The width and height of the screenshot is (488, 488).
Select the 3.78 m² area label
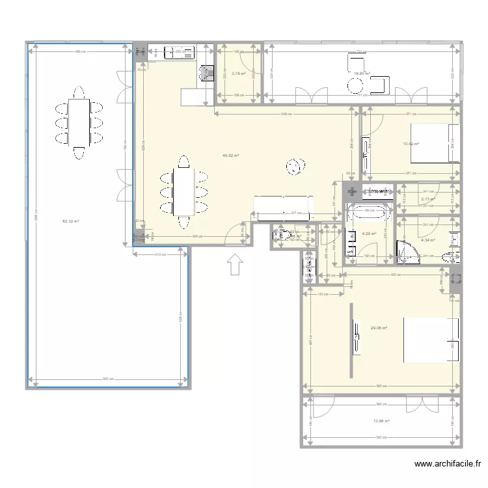239,74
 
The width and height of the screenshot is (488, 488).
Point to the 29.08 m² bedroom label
379,328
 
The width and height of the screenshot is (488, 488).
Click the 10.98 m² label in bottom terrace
381,421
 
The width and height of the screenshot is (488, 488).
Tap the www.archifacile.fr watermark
447,464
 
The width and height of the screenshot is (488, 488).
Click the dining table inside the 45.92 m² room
183,192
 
